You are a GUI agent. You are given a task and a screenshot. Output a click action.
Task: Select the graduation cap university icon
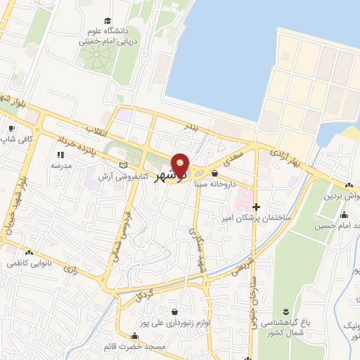(107, 20)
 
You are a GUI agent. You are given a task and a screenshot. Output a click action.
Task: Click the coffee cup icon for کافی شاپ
(11, 129)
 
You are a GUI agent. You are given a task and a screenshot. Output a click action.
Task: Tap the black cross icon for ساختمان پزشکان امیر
(257, 207)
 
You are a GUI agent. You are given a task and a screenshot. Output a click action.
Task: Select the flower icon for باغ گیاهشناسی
(286, 311)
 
